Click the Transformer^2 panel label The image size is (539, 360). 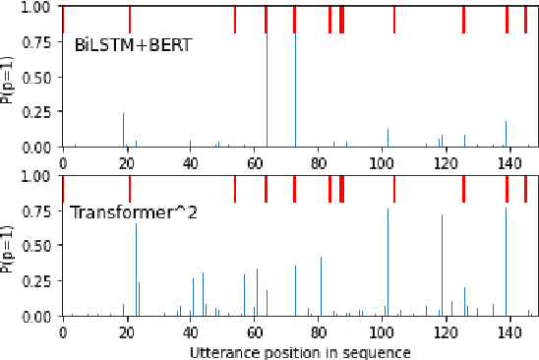pyautogui.click(x=134, y=211)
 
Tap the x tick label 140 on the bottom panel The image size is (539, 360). pyautogui.click(x=508, y=332)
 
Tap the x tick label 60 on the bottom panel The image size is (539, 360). pyautogui.click(x=254, y=332)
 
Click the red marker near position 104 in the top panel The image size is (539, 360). pyautogui.click(x=394, y=20)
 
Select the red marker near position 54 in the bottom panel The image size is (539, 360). pyautogui.click(x=235, y=189)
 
